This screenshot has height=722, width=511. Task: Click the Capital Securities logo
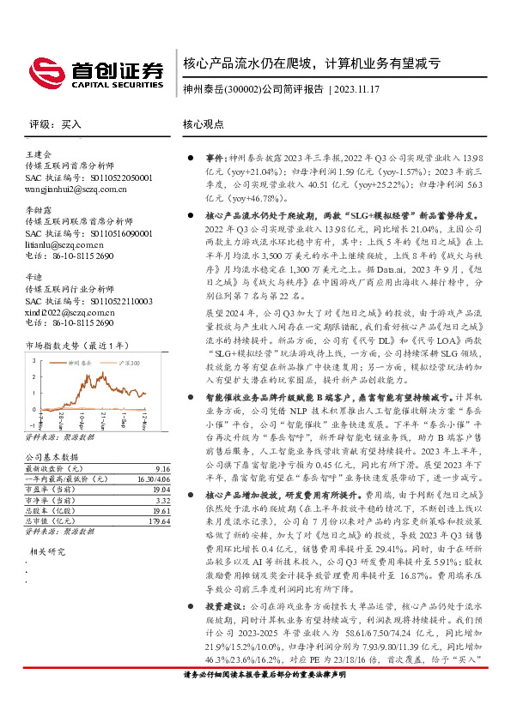(94, 75)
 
